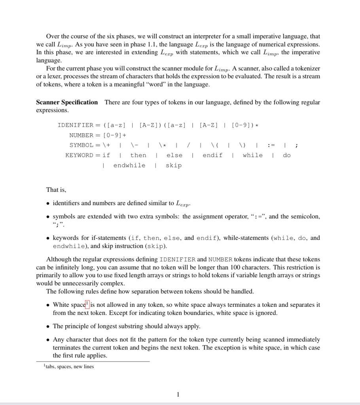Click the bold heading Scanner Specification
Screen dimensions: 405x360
pos(67,102)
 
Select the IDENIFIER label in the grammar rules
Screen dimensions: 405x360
pos(76,125)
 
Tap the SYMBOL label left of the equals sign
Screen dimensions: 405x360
pos(81,146)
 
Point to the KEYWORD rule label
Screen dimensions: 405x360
pos(80,155)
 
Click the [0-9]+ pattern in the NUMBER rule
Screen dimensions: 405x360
pos(115,135)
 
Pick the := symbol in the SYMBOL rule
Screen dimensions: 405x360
pos(271,146)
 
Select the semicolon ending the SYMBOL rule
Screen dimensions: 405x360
pos(297,146)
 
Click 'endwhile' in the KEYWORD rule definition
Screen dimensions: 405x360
pos(129,165)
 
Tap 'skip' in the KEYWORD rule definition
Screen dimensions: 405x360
pos(174,165)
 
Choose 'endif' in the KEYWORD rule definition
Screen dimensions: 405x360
pos(212,155)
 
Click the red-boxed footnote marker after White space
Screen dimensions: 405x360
pos(87,304)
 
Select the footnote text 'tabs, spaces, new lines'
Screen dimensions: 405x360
pos(70,367)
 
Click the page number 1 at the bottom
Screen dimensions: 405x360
pos(178,394)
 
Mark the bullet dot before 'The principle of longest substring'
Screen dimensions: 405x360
pos(48,327)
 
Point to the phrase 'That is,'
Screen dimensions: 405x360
pos(56,190)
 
